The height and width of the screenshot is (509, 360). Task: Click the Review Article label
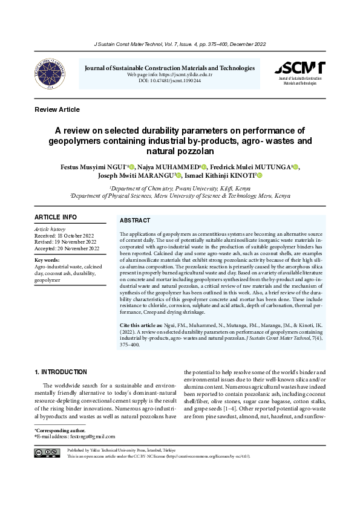[x=57, y=109]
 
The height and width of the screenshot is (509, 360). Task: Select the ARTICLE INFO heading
[x=56, y=217]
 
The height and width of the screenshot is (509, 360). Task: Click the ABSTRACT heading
[x=135, y=221]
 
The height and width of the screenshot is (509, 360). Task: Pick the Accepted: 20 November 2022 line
[x=67, y=248]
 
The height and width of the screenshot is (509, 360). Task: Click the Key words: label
[x=47, y=260]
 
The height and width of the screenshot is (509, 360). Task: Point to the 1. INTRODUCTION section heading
[x=61, y=372]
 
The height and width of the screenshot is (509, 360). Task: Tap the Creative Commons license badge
[x=47, y=453]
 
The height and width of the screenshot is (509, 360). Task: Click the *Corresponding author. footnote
[x=61, y=429]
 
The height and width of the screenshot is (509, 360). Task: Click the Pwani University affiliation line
[x=180, y=189]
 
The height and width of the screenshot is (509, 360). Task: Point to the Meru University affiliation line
[x=180, y=196]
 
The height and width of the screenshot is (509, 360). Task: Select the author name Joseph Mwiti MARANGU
[x=135, y=176]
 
